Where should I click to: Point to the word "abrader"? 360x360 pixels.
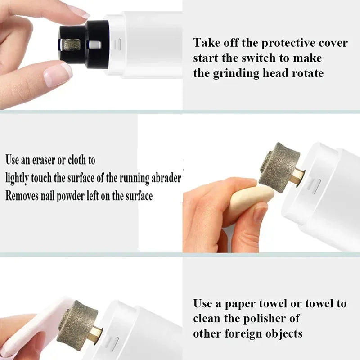(163, 178)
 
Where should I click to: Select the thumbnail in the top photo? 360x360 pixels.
(58, 74)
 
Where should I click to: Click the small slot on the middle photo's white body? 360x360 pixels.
(314, 184)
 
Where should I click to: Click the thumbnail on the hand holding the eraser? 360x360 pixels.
(260, 212)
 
